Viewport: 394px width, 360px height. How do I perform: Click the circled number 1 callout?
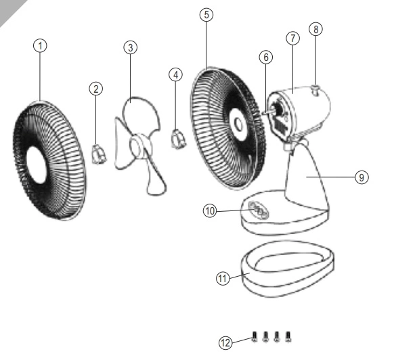point(40,46)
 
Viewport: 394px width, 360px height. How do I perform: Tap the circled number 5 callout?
point(206,15)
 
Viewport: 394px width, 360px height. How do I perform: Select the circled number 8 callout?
point(316,29)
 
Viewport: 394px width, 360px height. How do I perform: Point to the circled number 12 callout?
point(225,342)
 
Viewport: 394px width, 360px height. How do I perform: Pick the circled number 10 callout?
point(210,210)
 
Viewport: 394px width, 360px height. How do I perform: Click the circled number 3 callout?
point(131,47)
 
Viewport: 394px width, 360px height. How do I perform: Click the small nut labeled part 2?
point(99,154)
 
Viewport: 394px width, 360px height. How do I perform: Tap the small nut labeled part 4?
point(179,139)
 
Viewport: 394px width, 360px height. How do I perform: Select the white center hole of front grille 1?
point(37,165)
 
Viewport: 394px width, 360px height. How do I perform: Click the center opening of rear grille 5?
point(238,124)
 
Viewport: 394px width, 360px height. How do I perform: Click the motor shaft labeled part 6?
point(268,111)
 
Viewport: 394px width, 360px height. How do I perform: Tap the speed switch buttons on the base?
point(259,210)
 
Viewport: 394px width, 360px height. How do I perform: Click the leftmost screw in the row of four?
point(255,336)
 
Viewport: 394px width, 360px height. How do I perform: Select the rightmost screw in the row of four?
point(288,336)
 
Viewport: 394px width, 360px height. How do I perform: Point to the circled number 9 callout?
point(362,177)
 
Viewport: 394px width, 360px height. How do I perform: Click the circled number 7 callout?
point(292,39)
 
